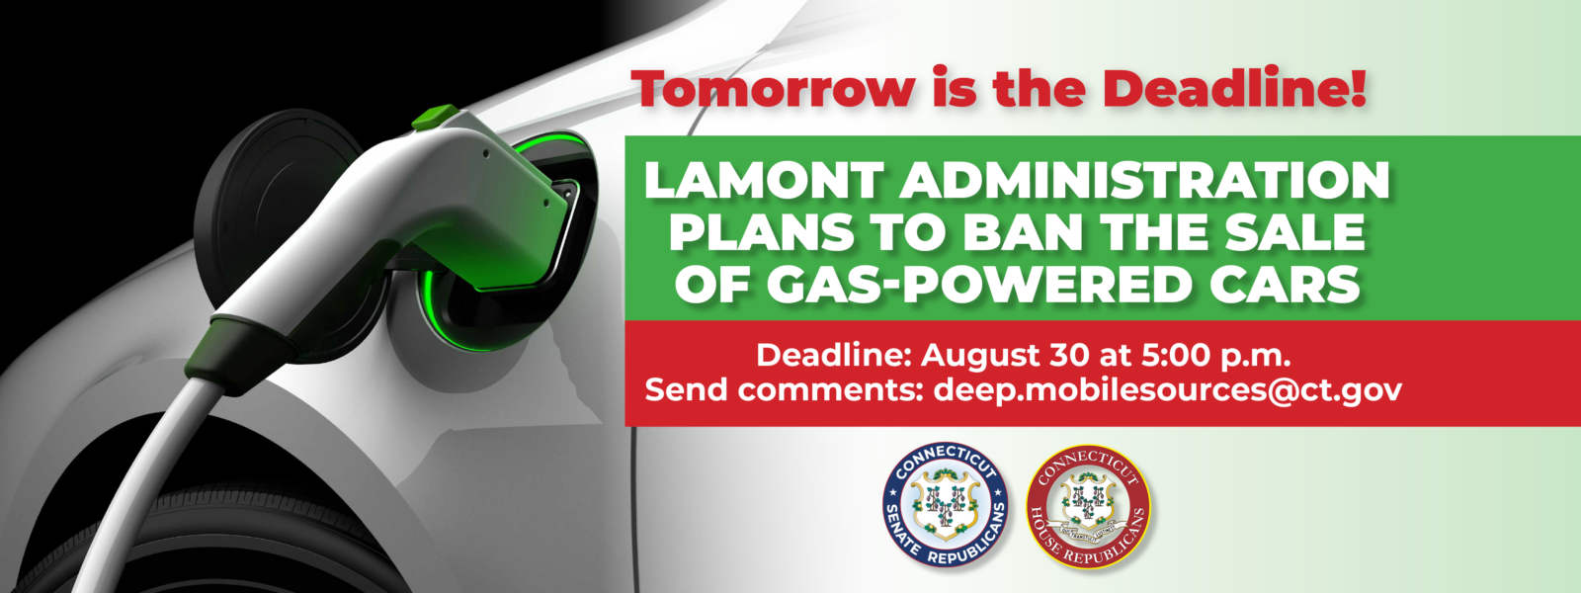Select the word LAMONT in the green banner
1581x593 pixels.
click(x=764, y=181)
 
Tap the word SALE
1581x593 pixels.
click(x=1295, y=232)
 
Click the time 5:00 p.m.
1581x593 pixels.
click(x=1216, y=355)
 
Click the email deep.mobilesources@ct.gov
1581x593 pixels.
click(x=1168, y=390)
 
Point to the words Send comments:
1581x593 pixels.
click(x=785, y=389)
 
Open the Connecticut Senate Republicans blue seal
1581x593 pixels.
click(x=945, y=505)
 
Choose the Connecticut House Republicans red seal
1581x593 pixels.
click(x=1088, y=506)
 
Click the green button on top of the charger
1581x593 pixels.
click(x=434, y=118)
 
